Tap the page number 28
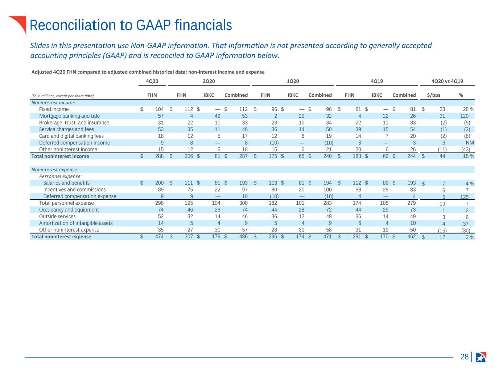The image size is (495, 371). pyautogui.click(x=464, y=357)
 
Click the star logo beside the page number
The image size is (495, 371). pyautogui.click(x=481, y=357)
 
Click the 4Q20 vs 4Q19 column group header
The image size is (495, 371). pyautogui.click(x=447, y=81)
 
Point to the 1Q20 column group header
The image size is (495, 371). pyautogui.click(x=293, y=81)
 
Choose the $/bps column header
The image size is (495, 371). pyautogui.click(x=433, y=95)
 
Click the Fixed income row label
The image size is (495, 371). pyautogui.click(x=54, y=109)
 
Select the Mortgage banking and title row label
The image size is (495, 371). pyautogui.click(x=70, y=116)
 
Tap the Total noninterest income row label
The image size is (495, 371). pyautogui.click(x=60, y=156)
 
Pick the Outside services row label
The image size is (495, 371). pyautogui.click(x=57, y=216)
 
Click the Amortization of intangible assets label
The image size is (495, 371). pyautogui.click(x=76, y=223)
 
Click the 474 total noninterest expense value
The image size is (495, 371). pyautogui.click(x=160, y=237)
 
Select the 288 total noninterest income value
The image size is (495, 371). pyautogui.click(x=160, y=156)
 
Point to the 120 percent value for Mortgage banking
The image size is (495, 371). pyautogui.click(x=464, y=116)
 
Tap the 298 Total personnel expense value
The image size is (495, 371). pyautogui.click(x=160, y=203)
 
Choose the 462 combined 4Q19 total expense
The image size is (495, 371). pyautogui.click(x=411, y=237)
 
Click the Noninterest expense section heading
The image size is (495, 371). pyautogui.click(x=55, y=170)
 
